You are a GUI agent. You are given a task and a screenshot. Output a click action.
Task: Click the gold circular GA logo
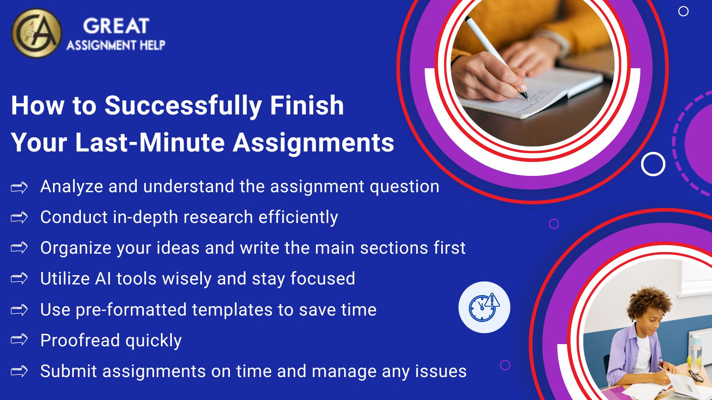point(36,33)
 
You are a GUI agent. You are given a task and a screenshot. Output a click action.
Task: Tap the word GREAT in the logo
point(116,26)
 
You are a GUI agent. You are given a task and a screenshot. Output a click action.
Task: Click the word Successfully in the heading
point(183,106)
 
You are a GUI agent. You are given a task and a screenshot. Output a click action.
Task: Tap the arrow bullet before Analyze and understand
point(19,187)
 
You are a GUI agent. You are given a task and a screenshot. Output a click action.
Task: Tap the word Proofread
point(80,340)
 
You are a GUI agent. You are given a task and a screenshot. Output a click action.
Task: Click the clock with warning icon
point(484,307)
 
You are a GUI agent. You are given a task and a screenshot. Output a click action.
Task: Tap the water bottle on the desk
point(696,352)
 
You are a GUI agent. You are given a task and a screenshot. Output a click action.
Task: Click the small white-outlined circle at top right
point(683,11)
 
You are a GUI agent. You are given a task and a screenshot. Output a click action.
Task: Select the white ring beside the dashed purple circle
point(653,164)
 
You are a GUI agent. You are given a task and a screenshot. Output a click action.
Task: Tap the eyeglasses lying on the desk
point(696,375)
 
